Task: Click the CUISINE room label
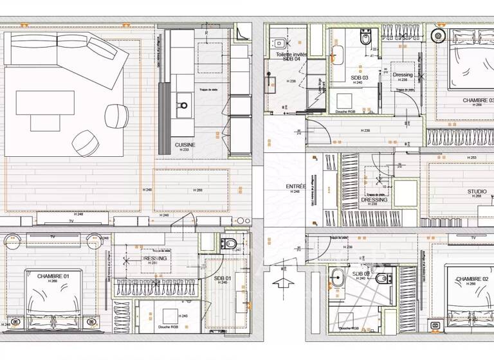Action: tap(185, 145)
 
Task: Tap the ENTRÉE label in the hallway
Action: tap(296, 186)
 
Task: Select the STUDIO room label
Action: tap(477, 192)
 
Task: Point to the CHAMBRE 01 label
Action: tap(53, 276)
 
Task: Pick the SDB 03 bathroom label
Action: tap(357, 77)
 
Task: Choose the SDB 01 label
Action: tap(223, 278)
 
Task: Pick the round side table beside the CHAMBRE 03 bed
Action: tap(440, 35)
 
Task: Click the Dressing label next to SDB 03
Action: tap(403, 75)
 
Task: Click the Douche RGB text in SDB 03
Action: tap(347, 111)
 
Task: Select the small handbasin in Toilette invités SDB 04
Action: tap(280, 44)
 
